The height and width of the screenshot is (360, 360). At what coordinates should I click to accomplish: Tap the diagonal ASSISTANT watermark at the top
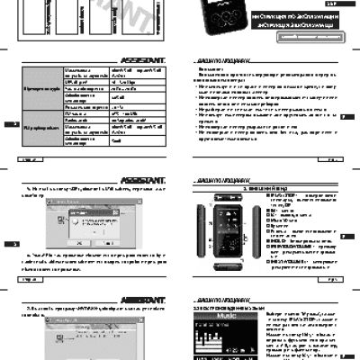[117, 13]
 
